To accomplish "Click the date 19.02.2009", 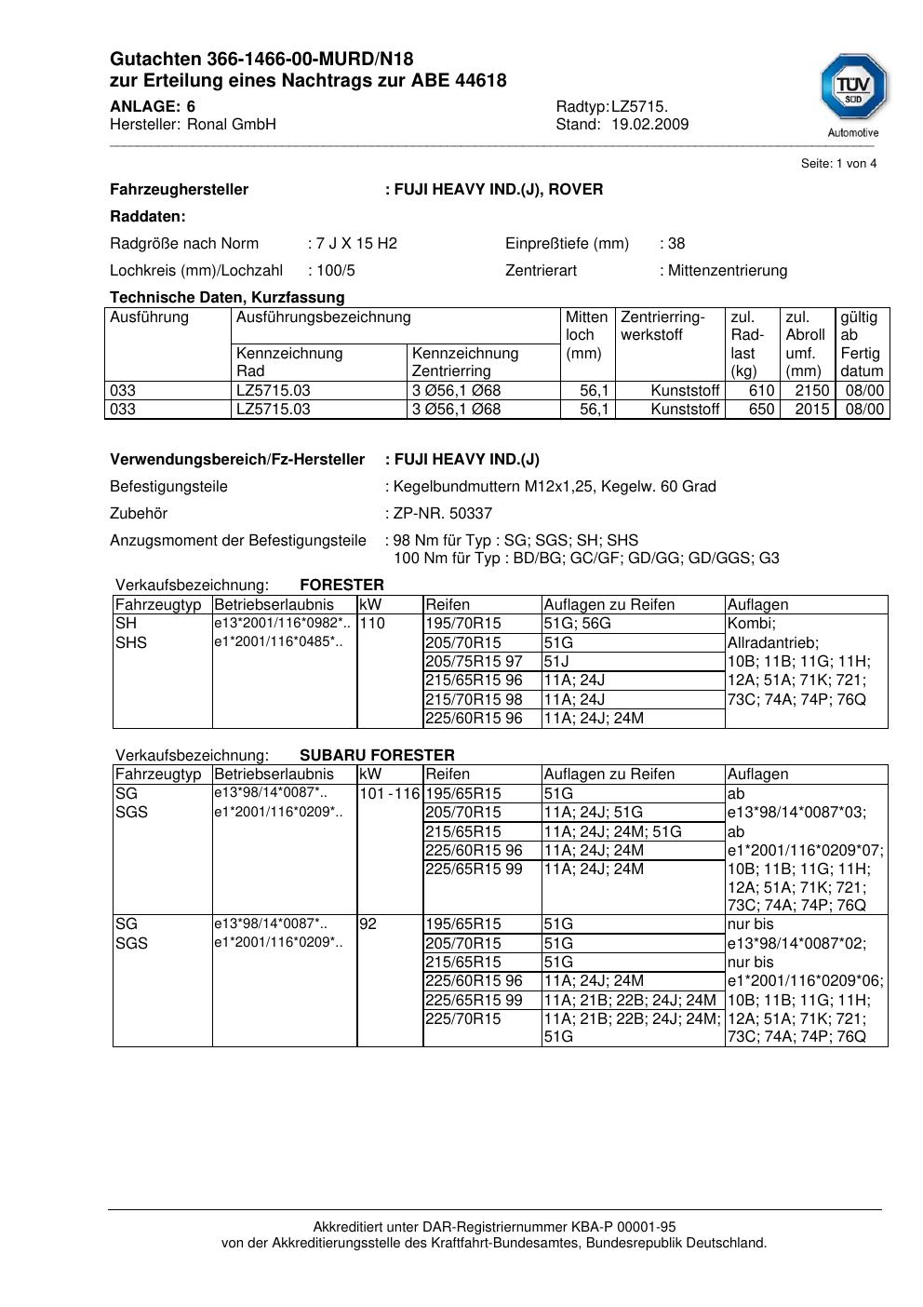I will point(649,125).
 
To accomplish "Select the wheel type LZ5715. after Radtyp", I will point(639,107).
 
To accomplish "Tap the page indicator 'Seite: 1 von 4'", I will point(838,164).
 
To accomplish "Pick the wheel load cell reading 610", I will point(762,391).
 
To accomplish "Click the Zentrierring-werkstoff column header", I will point(662,326).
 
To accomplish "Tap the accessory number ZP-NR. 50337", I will point(443,514).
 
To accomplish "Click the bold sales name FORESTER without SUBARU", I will point(341,586).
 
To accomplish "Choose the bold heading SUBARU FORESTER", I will point(377,756).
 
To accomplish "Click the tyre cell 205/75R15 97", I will point(474,662).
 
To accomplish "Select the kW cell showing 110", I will point(372,624).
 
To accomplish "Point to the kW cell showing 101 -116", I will point(390,794).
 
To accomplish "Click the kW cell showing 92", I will point(368,924).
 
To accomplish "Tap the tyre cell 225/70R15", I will point(462,1019).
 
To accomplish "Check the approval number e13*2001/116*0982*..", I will point(282,623).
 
